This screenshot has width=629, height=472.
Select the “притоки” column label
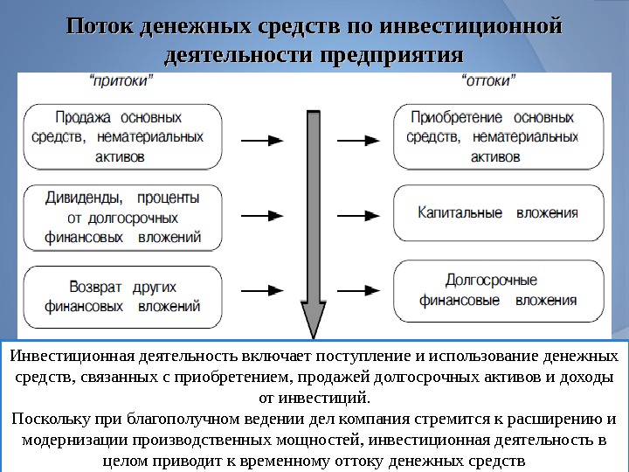122,80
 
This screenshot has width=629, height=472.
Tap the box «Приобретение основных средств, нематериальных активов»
498,136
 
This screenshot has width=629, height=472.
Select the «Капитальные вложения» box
498,212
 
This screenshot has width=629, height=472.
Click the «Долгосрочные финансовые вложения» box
498,290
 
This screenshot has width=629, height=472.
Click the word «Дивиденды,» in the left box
79,198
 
